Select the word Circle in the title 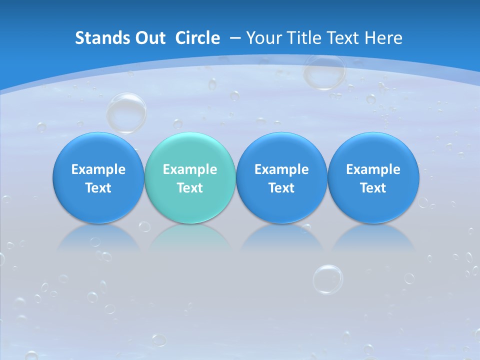[197, 38]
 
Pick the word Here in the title [383, 38]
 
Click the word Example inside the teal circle [190, 169]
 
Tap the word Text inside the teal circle [190, 188]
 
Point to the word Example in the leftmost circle [98, 169]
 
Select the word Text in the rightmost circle [373, 188]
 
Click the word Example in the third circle [281, 169]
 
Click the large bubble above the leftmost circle [126, 112]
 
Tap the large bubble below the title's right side [324, 71]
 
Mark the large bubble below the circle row [328, 279]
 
